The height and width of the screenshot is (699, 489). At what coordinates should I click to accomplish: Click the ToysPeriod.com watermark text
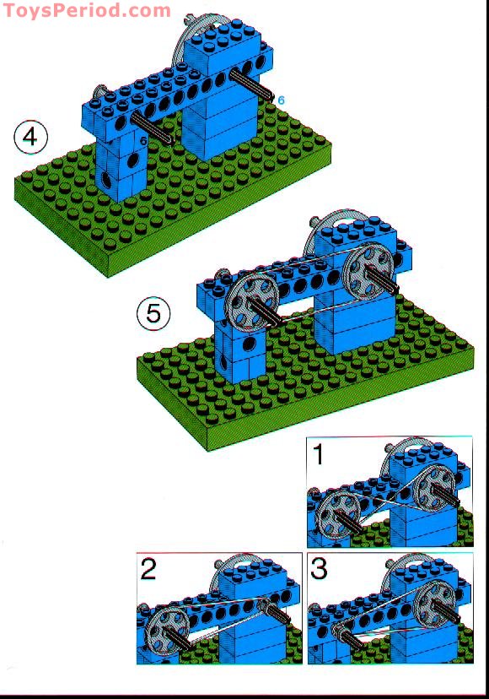point(86,11)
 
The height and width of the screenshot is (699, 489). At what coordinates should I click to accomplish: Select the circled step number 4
point(31,136)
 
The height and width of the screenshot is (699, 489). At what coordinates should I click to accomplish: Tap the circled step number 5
point(153,313)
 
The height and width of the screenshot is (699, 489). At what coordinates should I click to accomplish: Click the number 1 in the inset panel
point(319,455)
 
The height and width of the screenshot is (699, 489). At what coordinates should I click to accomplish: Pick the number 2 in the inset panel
point(149,570)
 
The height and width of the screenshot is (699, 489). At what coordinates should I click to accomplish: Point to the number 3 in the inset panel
point(320,570)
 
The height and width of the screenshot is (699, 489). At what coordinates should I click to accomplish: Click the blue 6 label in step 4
point(281,100)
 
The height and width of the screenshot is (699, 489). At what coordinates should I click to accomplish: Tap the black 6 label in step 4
point(144,141)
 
